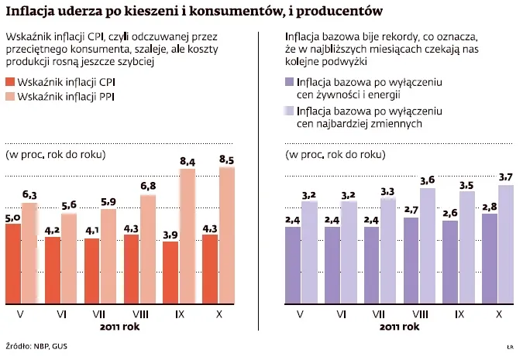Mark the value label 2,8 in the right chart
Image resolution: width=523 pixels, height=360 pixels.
pyautogui.click(x=490, y=207)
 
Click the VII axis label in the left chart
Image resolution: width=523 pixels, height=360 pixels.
pyautogui.click(x=98, y=314)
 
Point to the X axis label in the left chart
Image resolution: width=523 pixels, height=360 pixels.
pyautogui.click(x=216, y=314)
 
